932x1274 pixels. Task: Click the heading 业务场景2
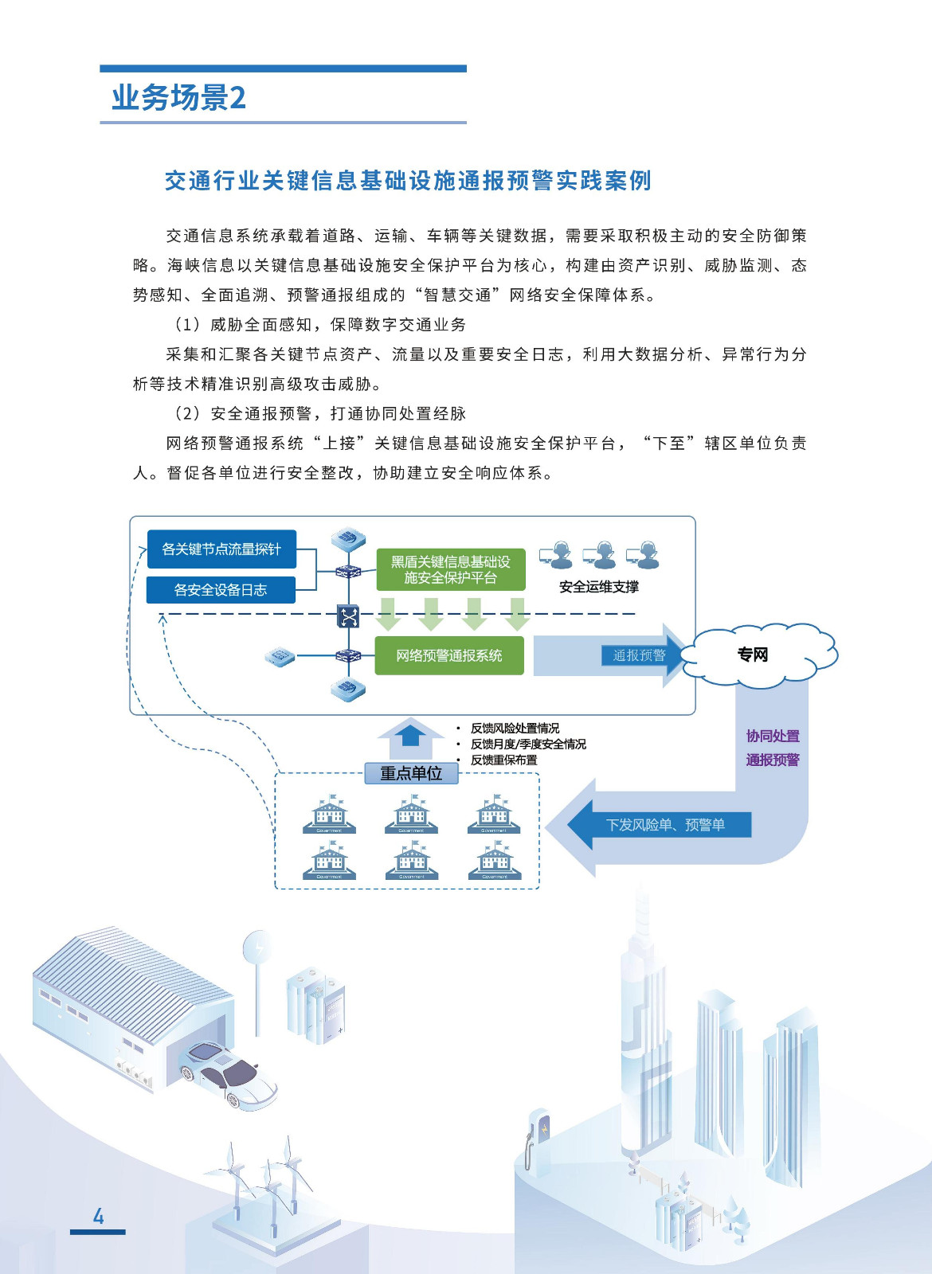(178, 98)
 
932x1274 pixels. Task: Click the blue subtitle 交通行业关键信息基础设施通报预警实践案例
(408, 181)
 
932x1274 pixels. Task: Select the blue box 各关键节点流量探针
(221, 549)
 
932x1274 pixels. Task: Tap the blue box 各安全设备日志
(221, 590)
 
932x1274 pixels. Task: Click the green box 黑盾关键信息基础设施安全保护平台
(451, 569)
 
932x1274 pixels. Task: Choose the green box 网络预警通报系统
(449, 655)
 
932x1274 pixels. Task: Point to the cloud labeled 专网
(754, 655)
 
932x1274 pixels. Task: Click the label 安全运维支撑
(598, 587)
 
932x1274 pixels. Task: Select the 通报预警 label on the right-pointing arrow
(639, 655)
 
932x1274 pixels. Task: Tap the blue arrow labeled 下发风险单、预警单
(665, 825)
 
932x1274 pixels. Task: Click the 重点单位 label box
(411, 773)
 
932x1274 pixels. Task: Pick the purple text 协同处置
(773, 736)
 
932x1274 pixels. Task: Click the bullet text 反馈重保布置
(503, 760)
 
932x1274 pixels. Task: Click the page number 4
(98, 1216)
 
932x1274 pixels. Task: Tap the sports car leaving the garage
(229, 1073)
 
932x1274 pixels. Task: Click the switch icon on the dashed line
(348, 616)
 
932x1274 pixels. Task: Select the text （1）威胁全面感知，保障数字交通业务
(319, 324)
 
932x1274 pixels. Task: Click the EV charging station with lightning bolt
(539, 1139)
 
